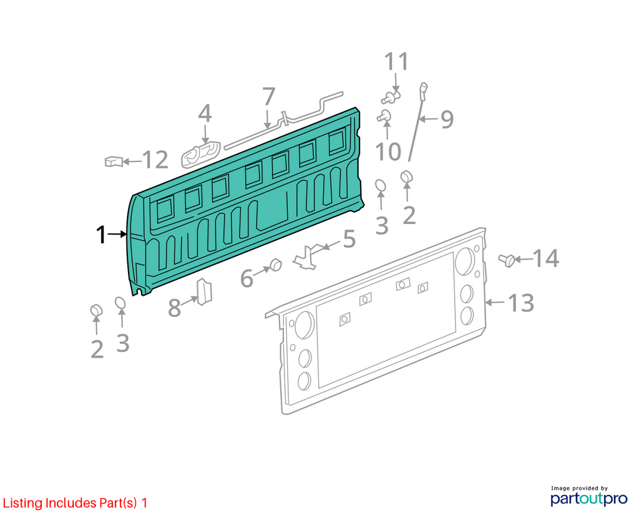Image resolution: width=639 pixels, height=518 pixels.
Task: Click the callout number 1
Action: coord(100,235)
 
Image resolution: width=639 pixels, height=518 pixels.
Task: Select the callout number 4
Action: coord(205,114)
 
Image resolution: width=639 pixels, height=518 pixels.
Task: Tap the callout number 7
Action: coord(268,97)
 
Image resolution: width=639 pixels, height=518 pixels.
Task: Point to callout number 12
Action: coord(155,160)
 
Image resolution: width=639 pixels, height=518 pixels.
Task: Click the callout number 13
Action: coord(520,303)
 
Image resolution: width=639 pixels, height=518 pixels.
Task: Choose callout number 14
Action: coord(545,258)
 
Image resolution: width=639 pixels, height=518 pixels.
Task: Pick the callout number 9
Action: coord(447,119)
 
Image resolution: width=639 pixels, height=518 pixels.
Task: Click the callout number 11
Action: coord(396,62)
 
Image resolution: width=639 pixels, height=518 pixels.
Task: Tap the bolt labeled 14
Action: coord(507,260)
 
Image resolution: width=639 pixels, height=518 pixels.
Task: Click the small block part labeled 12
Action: coord(114,162)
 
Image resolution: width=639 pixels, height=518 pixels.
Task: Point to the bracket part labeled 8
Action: coord(205,291)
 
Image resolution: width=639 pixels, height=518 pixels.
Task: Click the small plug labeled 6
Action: coord(276,265)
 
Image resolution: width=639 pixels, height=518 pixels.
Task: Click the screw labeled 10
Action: coord(384,116)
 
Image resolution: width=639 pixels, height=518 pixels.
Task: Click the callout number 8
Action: coord(175,308)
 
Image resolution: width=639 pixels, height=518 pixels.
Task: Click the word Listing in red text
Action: coord(22,503)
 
